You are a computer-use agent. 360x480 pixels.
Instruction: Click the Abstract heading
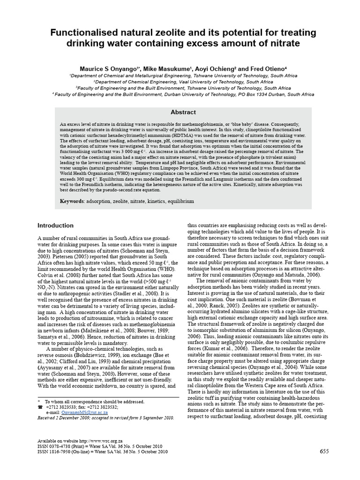(183, 112)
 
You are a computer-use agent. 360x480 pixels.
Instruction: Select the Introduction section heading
(55, 225)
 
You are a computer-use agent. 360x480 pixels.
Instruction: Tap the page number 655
(324, 451)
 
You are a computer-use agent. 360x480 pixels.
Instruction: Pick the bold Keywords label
(72, 201)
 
